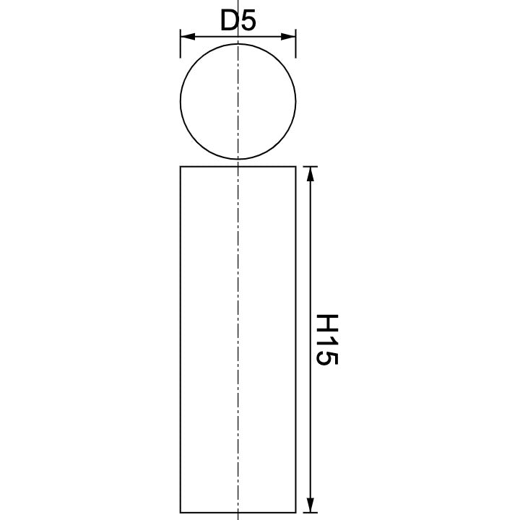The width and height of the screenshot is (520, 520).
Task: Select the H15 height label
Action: tap(326, 339)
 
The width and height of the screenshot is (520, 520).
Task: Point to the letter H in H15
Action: tap(326, 322)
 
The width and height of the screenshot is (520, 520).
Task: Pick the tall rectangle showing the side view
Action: tap(209, 339)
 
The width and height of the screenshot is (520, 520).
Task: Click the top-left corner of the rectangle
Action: tap(180, 166)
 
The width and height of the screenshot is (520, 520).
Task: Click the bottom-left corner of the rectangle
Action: tap(180, 511)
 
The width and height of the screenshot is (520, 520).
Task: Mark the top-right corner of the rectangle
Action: tap(295, 166)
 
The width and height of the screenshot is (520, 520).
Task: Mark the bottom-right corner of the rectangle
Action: tap(295, 511)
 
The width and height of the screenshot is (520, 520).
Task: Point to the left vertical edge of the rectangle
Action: tap(180, 339)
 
